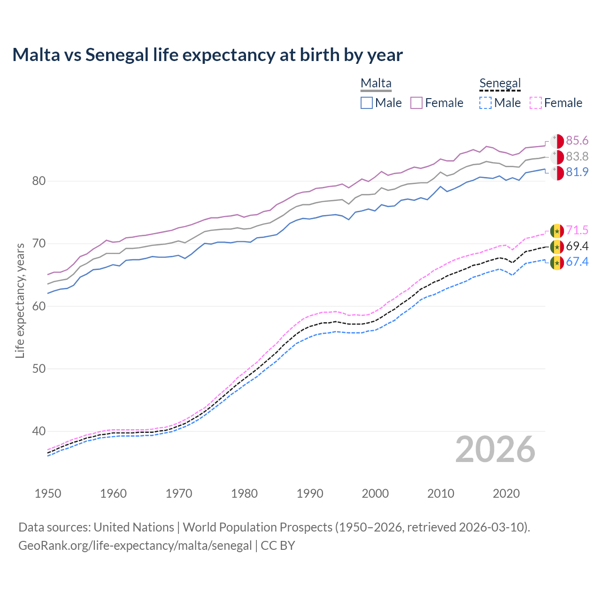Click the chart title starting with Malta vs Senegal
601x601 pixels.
(207, 55)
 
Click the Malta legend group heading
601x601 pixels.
(376, 84)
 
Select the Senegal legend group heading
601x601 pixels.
(500, 84)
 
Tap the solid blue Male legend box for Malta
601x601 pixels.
(367, 103)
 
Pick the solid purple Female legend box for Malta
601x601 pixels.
(416, 103)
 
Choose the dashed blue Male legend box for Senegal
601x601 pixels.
(485, 103)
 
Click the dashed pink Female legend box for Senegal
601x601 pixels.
(536, 103)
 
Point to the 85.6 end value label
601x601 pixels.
(577, 141)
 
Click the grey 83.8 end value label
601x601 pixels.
(577, 156)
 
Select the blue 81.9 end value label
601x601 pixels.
(577, 172)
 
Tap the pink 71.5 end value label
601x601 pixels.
(577, 231)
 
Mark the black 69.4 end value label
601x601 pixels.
(577, 247)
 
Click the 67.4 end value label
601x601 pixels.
(577, 262)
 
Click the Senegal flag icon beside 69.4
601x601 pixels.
(557, 247)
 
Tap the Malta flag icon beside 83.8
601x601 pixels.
(557, 157)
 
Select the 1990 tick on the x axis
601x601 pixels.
(310, 493)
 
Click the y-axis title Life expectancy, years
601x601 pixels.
(20, 300)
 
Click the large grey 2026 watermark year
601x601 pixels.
(495, 449)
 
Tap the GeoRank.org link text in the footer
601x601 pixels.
(135, 546)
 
